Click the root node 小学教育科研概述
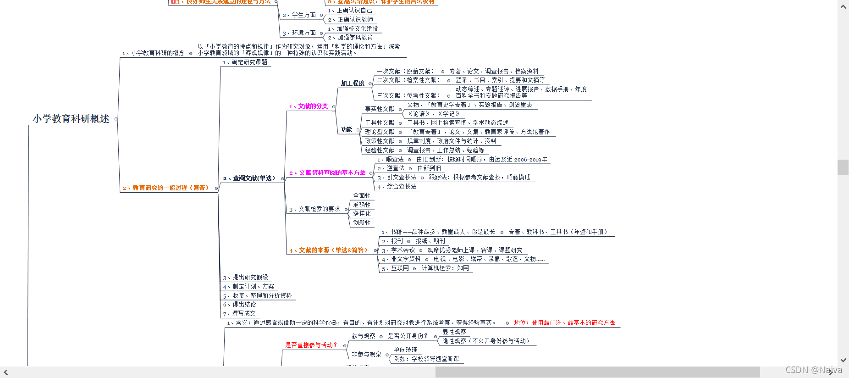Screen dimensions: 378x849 pos(71,119)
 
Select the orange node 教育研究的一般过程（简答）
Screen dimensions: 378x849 pos(165,188)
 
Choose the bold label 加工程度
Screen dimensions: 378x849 pos(353,83)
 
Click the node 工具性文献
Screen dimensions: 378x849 pos(380,123)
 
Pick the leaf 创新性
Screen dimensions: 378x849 pos(362,223)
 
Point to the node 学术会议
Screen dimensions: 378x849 pos(402,250)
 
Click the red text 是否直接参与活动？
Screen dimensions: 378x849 pos(311,345)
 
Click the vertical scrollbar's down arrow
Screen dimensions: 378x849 pos(843,360)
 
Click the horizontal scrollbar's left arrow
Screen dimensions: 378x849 pos(6,372)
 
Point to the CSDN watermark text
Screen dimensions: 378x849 pos(813,370)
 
